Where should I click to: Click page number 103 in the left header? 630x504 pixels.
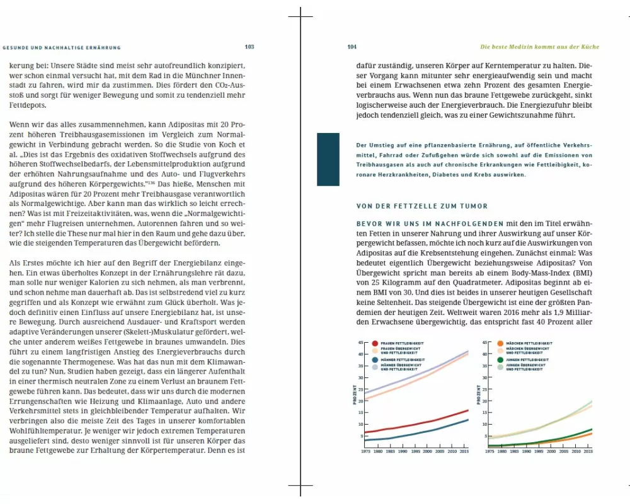249,47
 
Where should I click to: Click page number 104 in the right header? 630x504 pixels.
352,47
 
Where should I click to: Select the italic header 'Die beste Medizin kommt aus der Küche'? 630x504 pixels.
540,47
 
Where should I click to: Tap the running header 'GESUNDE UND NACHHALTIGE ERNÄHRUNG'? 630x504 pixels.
62,47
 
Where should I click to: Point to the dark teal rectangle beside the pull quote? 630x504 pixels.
328,159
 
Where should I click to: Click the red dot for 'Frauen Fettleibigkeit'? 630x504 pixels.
375,344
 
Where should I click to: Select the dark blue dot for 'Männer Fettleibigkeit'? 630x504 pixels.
375,360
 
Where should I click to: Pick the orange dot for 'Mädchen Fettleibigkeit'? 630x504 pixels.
500,344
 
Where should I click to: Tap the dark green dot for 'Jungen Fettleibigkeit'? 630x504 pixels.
500,360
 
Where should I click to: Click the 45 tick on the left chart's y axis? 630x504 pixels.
361,343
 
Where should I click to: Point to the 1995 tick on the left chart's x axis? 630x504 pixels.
415,452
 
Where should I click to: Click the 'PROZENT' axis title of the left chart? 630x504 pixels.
355,395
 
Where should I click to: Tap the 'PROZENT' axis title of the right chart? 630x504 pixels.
479,395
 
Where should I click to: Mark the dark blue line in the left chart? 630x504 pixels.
428,433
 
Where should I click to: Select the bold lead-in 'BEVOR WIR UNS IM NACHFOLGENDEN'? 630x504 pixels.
430,224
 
